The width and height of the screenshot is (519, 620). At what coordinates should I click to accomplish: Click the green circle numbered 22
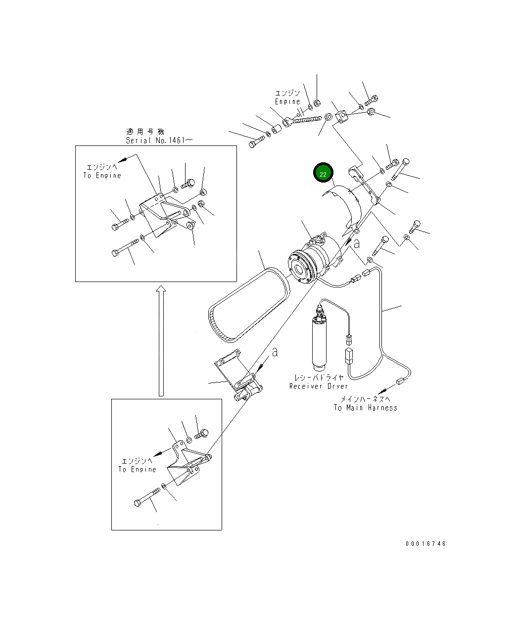pyautogui.click(x=323, y=173)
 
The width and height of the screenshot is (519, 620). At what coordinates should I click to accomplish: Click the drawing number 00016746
pyautogui.click(x=425, y=544)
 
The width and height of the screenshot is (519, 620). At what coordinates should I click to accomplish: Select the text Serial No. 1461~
pyautogui.click(x=159, y=140)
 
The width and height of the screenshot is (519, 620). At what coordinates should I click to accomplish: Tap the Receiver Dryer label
pyautogui.click(x=318, y=386)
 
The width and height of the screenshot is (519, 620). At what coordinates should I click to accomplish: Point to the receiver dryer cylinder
pyautogui.click(x=319, y=343)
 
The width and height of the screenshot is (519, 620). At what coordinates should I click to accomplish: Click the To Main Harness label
pyautogui.click(x=365, y=408)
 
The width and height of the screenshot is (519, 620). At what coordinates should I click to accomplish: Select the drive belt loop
pyautogui.click(x=249, y=304)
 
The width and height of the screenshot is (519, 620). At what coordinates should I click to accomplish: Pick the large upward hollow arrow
pyautogui.click(x=161, y=340)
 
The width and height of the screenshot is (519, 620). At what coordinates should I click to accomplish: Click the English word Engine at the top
pyautogui.click(x=287, y=101)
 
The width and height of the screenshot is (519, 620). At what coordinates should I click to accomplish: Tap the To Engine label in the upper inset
pyautogui.click(x=102, y=176)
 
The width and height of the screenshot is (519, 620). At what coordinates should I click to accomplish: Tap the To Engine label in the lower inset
pyautogui.click(x=137, y=470)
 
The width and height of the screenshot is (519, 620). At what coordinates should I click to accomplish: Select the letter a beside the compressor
pyautogui.click(x=357, y=244)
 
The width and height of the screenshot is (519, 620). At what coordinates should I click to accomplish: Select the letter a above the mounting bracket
pyautogui.click(x=275, y=352)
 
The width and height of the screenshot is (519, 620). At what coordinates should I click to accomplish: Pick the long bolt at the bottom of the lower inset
pyautogui.click(x=147, y=497)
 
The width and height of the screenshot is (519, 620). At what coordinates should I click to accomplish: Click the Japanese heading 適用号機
pyautogui.click(x=145, y=132)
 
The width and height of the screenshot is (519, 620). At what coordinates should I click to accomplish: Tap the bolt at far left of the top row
pyautogui.click(x=257, y=142)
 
